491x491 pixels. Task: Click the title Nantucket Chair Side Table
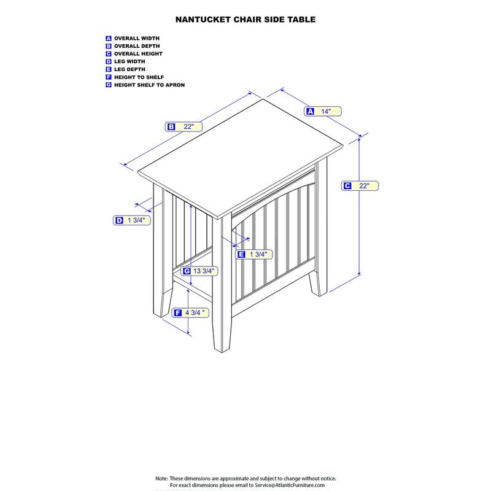point(245,20)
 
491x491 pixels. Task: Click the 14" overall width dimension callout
point(323,111)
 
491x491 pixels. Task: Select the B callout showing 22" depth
point(184,126)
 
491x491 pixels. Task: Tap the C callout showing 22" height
point(360,186)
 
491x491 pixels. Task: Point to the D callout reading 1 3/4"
point(131,220)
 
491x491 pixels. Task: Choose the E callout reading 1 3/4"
point(253,254)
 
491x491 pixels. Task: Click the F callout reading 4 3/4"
point(190,312)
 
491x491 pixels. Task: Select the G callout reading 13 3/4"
point(199,271)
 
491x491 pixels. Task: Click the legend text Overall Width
point(137,38)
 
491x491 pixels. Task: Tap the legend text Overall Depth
point(137,46)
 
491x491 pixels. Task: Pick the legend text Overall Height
point(139,54)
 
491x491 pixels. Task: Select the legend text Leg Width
point(130,61)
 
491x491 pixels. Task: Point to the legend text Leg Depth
point(130,69)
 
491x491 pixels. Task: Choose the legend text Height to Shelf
point(139,77)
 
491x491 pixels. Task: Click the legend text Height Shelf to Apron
point(149,85)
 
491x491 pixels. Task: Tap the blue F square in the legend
point(109,77)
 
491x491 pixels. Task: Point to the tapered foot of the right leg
point(318,284)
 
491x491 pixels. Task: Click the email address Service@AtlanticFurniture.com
point(290,485)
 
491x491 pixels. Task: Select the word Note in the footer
point(161,479)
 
